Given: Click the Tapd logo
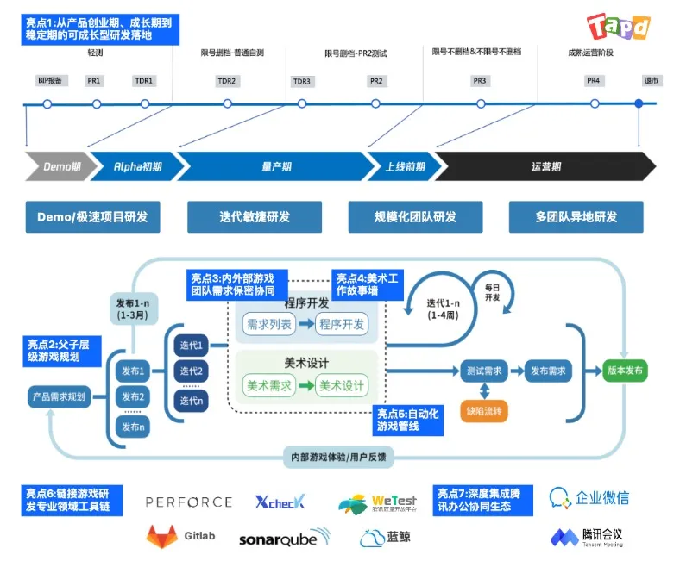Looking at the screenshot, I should pos(618,26).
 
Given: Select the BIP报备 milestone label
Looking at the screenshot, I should pos(48,81).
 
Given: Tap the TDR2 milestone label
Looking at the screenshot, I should pos(227,81).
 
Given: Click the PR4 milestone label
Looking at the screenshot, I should pos(593,81).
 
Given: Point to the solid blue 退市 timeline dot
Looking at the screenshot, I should pos(639,104).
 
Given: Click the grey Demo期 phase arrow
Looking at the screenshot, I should pos(56,166).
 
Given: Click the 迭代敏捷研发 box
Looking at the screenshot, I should pos(255,217).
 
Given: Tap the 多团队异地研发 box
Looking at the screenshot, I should pos(576,217).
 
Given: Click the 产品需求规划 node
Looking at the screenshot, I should pos(59,396).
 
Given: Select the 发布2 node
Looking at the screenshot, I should pos(134,398).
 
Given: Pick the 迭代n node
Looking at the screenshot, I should pos(191,400).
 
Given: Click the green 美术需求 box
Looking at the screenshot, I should pos(270,385).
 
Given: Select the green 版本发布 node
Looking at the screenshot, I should pos(624,371).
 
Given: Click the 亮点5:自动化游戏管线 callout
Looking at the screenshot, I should pos(406,420).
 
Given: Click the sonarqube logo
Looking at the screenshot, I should pos(284,539).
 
